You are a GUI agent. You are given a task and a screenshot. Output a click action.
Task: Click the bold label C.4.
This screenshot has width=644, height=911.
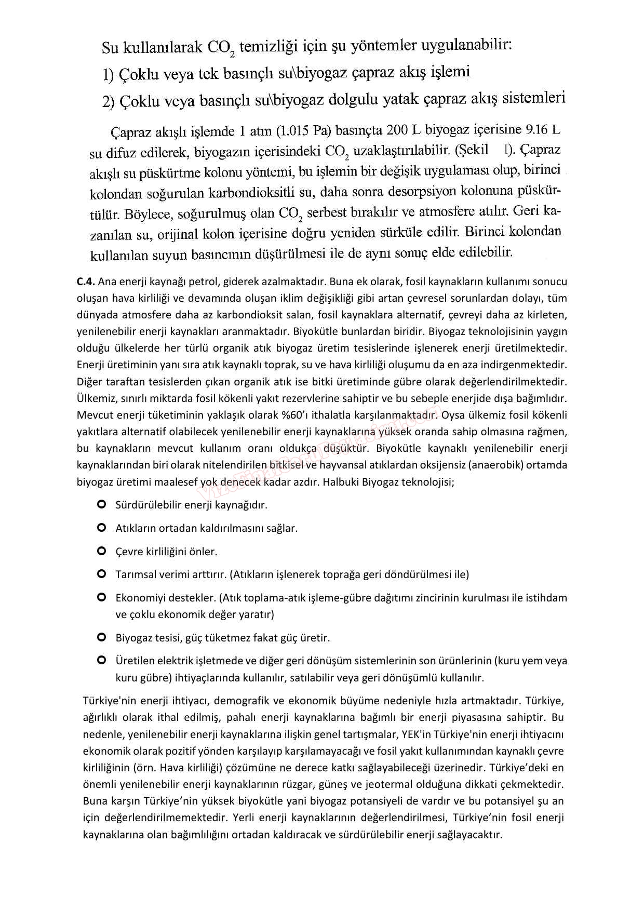(86, 282)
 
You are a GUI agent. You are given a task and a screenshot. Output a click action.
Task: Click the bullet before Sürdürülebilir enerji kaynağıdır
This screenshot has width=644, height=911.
(102, 504)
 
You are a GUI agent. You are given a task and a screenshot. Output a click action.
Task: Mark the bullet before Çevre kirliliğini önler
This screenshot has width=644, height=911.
(102, 551)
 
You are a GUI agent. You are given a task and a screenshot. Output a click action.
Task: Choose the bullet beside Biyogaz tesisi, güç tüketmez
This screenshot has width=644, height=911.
(102, 637)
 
